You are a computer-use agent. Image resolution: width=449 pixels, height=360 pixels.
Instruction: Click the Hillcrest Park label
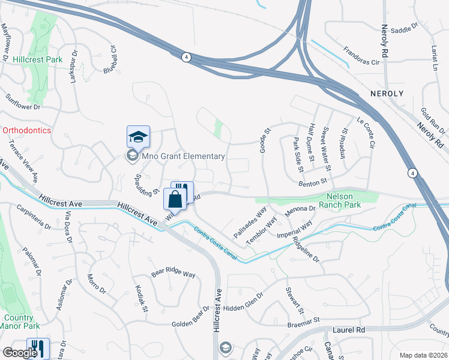[37, 60]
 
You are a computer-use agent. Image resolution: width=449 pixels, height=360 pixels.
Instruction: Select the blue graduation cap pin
[138, 137]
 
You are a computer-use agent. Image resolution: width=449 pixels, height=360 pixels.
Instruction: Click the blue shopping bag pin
[175, 198]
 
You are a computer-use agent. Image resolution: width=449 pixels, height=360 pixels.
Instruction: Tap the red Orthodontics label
[26, 130]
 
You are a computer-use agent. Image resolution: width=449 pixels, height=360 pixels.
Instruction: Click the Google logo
[20, 352]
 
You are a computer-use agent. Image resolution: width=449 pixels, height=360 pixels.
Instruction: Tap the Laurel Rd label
[349, 330]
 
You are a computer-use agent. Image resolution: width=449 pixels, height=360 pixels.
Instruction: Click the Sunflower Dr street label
[23, 101]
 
